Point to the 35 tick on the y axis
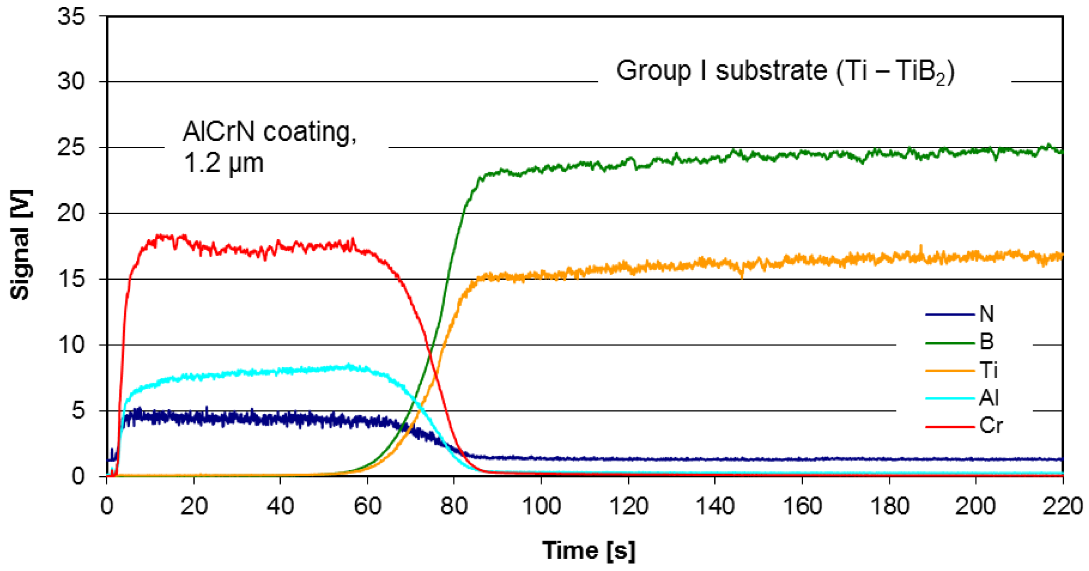pyautogui.click(x=71, y=17)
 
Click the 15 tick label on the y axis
pyautogui.click(x=71, y=279)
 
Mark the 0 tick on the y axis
pyautogui.click(x=78, y=477)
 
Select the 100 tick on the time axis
pyautogui.click(x=541, y=506)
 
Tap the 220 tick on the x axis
pyautogui.click(x=1063, y=506)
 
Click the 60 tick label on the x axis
pyautogui.click(x=367, y=506)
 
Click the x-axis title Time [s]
pyautogui.click(x=588, y=550)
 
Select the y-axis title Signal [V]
pyautogui.click(x=21, y=245)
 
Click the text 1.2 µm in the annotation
pyautogui.click(x=223, y=163)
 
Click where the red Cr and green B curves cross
pyautogui.click(x=430, y=355)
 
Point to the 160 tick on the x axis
pyautogui.click(x=802, y=506)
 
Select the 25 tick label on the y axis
pyautogui.click(x=71, y=148)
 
